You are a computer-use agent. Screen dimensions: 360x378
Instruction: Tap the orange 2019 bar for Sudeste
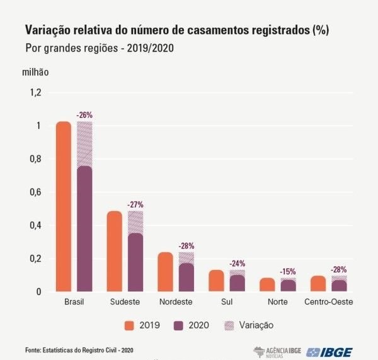pyautogui.click(x=115, y=251)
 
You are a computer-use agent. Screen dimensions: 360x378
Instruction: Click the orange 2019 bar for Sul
pyautogui.click(x=217, y=281)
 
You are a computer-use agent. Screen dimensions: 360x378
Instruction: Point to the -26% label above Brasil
pyautogui.click(x=84, y=115)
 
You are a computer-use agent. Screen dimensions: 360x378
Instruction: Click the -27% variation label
pyautogui.click(x=135, y=205)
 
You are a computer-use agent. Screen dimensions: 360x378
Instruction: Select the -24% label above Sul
pyautogui.click(x=238, y=264)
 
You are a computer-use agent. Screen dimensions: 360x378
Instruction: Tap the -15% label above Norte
pyautogui.click(x=288, y=271)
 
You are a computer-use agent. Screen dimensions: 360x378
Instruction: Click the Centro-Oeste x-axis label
pyautogui.click(x=328, y=301)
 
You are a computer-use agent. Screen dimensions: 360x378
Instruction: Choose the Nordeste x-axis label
pyautogui.click(x=176, y=301)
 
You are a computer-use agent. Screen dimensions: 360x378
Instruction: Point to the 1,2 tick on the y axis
pyautogui.click(x=35, y=93)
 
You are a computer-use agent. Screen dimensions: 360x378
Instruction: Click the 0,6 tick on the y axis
pyautogui.click(x=35, y=192)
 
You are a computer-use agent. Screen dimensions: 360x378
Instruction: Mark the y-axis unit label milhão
pyautogui.click(x=35, y=72)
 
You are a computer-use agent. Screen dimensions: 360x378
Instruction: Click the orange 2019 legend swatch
pyautogui.click(x=130, y=325)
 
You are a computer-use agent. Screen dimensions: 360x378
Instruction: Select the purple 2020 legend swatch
pyautogui.click(x=178, y=325)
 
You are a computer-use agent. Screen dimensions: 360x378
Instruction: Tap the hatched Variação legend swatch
pyautogui.click(x=229, y=325)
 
